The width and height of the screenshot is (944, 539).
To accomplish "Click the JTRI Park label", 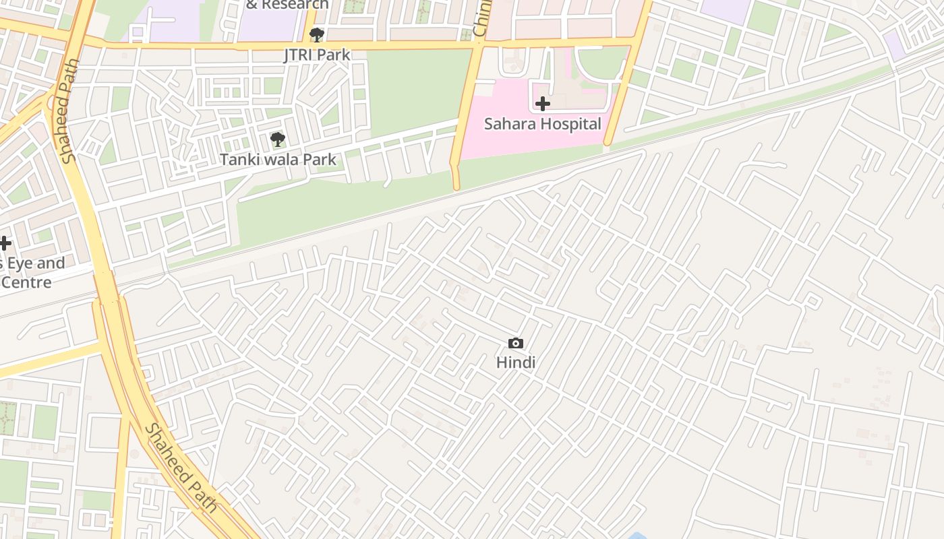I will pos(316,55).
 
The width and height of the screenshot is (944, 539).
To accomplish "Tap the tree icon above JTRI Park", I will pos(316,35).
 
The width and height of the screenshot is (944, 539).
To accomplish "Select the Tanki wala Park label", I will pos(277,160).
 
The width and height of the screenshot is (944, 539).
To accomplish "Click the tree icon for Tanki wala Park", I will pos(277,139).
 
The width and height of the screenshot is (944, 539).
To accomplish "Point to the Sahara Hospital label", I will pos(542,124).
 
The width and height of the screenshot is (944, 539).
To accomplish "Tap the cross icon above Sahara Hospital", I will pos(542,104).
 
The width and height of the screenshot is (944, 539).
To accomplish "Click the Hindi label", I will pos(515,362).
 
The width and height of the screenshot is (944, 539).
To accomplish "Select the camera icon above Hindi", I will pos(515,344).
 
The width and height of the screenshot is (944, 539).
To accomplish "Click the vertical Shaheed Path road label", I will pos(69,111).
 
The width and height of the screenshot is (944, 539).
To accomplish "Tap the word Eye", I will pos(24,263).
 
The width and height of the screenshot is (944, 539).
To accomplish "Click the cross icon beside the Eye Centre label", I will pos(5,243).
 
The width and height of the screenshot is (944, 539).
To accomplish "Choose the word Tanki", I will pos(240,160).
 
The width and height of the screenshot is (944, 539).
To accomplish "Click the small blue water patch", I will pos(637,536).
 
